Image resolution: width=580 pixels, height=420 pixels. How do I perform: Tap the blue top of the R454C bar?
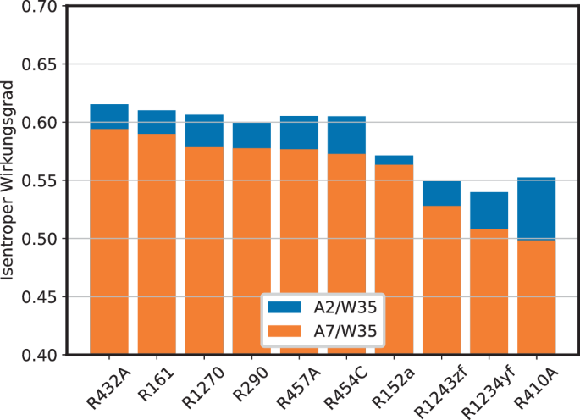point(346,135)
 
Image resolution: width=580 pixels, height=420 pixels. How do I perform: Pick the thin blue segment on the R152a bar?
point(394,160)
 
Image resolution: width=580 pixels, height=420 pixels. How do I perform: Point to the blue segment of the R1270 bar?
point(204,131)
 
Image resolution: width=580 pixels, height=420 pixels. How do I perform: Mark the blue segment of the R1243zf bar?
point(442,194)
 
